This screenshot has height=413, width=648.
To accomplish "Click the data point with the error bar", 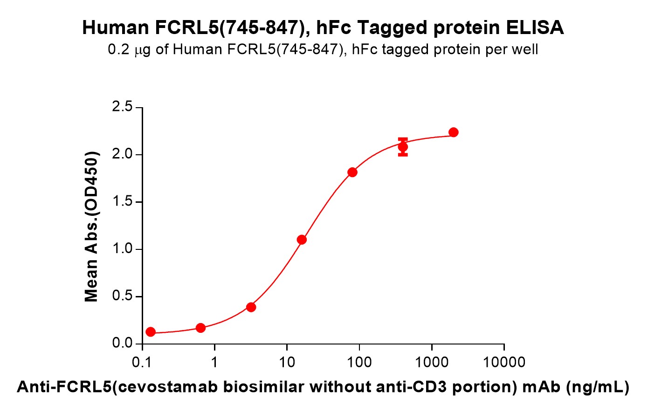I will [403, 147].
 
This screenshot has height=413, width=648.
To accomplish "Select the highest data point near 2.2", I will [453, 132].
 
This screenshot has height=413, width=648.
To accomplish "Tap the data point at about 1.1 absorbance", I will [302, 240].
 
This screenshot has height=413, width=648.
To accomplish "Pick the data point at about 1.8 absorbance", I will [352, 172].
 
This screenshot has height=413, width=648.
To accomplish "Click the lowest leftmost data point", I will [151, 332].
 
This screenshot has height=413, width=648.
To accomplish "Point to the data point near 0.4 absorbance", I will [251, 307].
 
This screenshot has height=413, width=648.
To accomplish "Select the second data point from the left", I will [201, 328].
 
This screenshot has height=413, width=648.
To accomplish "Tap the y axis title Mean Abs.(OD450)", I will [91, 227].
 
